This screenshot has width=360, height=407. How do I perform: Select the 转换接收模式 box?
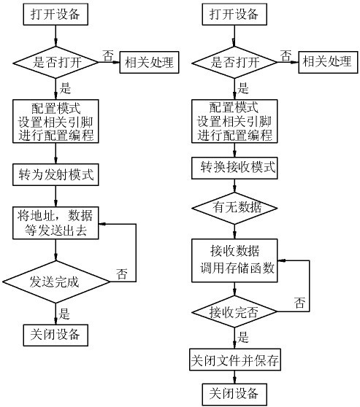click(x=234, y=166)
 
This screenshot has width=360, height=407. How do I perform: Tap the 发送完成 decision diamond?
click(x=55, y=280)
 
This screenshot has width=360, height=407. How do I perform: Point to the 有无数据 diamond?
click(x=234, y=208)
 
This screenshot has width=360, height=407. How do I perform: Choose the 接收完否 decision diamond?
click(x=234, y=312)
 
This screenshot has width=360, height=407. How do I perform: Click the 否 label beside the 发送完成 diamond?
click(x=122, y=274)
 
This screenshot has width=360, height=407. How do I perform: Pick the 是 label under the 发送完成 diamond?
click(x=64, y=314)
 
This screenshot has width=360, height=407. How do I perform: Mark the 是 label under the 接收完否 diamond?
click(x=243, y=338)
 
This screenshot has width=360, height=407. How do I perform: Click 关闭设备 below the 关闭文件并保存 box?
click(x=234, y=394)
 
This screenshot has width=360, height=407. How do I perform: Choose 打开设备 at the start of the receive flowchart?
click(x=234, y=14)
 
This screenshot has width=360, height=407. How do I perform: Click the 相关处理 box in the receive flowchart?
click(x=326, y=62)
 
